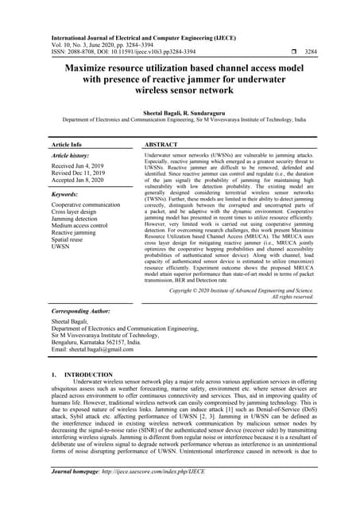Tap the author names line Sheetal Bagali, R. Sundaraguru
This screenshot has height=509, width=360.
(x=180, y=115)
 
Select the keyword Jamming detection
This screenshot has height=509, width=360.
(x=76, y=220)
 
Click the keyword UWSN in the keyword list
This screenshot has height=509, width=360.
(x=61, y=248)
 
